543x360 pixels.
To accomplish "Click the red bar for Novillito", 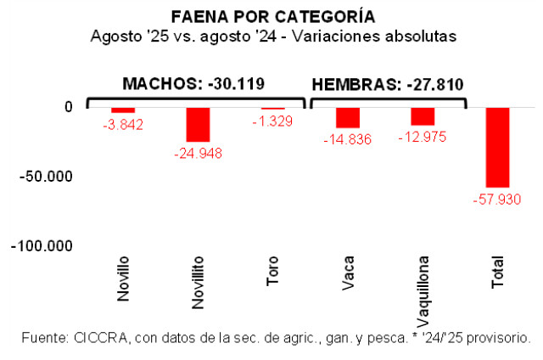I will (x=198, y=124).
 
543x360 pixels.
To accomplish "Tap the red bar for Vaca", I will (x=348, y=117).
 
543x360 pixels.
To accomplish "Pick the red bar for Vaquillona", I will (x=423, y=116).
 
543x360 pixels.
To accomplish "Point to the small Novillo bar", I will (x=123, y=110).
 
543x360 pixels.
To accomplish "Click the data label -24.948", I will (x=198, y=154).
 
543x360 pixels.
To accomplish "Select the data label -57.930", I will (x=497, y=200).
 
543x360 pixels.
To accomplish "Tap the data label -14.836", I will (x=348, y=140).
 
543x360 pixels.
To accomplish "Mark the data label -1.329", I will (x=273, y=122).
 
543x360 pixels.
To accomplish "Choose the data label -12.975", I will (x=423, y=138).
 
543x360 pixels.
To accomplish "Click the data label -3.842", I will (x=123, y=125).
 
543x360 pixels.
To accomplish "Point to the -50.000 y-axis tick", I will (x=48, y=176).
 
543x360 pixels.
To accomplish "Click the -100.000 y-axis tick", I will (x=43, y=245).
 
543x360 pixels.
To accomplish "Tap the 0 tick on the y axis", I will (x=69, y=106).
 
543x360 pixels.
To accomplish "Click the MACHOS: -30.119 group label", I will (x=193, y=83).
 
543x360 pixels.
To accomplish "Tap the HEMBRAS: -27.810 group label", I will (x=388, y=84).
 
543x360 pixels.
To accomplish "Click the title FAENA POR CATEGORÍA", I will (x=272, y=17).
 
